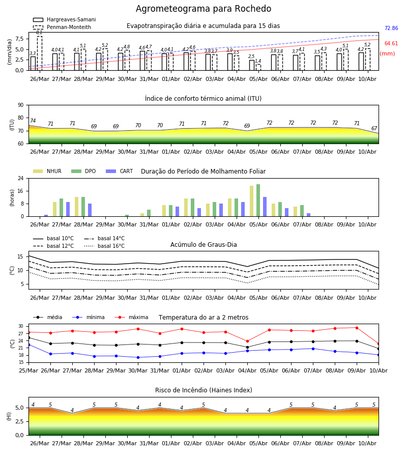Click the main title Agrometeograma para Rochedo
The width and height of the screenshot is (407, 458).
pyautogui.click(x=203, y=9)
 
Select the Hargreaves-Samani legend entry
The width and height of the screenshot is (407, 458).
pyautogui.click(x=64, y=19)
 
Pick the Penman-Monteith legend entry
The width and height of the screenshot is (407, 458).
pyautogui.click(x=62, y=27)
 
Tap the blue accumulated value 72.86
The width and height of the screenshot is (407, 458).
pyautogui.click(x=391, y=28)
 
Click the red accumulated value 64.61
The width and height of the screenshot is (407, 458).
pyautogui.click(x=391, y=44)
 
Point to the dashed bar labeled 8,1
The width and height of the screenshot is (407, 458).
pyautogui.click(x=39, y=53)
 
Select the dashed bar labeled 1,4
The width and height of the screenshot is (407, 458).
pyautogui.click(x=258, y=68)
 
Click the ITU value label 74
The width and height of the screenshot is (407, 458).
pyautogui.click(x=33, y=121)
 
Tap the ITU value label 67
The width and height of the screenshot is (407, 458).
pyautogui.click(x=374, y=129)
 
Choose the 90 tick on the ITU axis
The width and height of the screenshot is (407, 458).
pyautogui.click(x=21, y=105)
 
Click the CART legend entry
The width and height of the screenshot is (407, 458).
pyautogui.click(x=119, y=171)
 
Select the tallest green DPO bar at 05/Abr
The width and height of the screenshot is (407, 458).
pyautogui.click(x=258, y=201)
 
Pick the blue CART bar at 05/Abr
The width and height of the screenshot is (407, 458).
pyautogui.click(x=265, y=207)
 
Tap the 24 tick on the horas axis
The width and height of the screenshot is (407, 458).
pyautogui.click(x=21, y=178)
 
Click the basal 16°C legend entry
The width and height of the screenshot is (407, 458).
pyautogui.click(x=104, y=246)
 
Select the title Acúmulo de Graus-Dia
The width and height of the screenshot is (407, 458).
pyautogui.click(x=203, y=245)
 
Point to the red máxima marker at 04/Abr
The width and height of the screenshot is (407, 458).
pyautogui.click(x=248, y=341)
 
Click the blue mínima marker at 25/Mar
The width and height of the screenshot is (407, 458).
pyautogui.click(x=28, y=345)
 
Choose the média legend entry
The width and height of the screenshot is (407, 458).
pyautogui.click(x=48, y=317)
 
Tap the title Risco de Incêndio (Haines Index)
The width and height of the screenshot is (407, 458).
pyautogui.click(x=203, y=390)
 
